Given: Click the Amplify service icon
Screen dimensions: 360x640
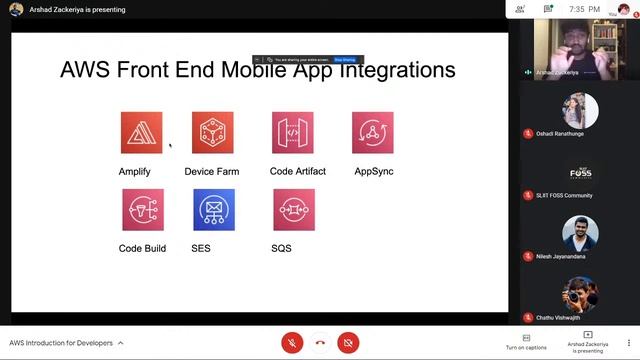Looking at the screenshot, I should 141,133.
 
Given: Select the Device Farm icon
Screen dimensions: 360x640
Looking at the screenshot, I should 212,133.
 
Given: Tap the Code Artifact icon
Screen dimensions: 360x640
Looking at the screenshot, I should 293,133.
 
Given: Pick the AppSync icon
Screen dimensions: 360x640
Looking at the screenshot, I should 373,133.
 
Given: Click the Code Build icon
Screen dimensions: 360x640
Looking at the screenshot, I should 142,209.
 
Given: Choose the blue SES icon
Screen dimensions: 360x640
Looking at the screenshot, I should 213,209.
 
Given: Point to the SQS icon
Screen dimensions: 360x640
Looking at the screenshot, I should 293,209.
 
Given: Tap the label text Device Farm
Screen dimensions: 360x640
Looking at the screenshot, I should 212,172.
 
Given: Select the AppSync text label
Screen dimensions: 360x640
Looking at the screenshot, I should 374,172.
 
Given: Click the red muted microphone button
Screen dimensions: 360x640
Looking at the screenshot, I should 292,343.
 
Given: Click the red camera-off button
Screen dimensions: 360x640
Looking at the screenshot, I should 348,343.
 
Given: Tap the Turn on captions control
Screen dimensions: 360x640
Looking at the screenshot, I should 526,342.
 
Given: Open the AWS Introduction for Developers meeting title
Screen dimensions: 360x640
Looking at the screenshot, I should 66,343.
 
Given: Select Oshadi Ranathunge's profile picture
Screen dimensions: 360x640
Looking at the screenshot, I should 580,111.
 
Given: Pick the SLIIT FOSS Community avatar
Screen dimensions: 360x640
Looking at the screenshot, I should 580,172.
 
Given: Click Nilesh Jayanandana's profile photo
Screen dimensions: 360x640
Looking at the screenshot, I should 580,233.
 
